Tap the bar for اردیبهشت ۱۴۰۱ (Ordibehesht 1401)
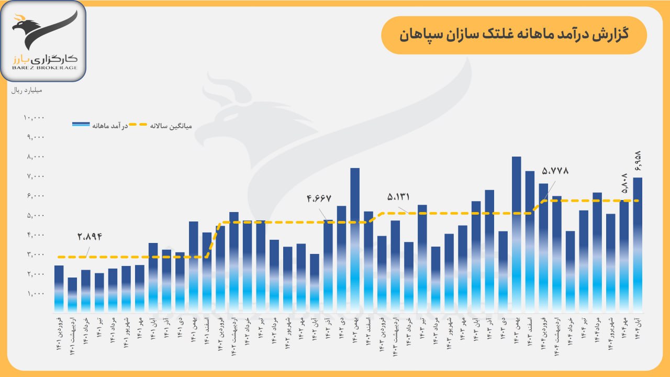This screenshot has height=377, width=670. point(72,293)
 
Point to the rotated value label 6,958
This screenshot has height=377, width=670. point(638,161)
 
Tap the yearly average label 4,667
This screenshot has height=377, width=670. point(319,199)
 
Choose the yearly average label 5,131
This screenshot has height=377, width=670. point(398,197)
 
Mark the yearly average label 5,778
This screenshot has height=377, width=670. point(555,171)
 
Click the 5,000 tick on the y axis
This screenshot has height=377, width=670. point(36,216)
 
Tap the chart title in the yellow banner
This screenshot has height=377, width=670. point(513,36)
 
